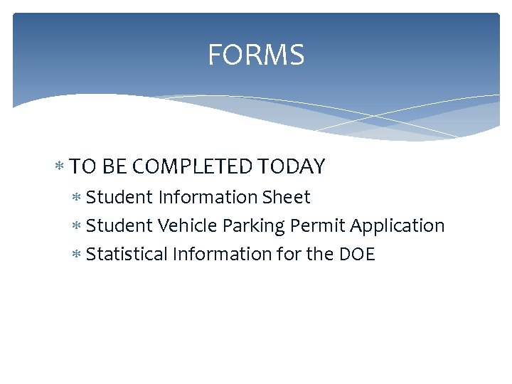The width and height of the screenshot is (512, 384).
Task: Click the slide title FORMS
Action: [256, 55]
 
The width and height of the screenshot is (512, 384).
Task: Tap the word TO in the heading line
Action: [84, 166]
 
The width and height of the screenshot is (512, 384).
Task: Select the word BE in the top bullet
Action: [113, 166]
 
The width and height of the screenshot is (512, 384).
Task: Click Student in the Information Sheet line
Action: [119, 197]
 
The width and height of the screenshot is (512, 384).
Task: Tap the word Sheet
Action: [287, 197]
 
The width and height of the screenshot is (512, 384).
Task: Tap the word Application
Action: [398, 226]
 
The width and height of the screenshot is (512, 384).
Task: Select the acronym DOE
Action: [359, 254]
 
